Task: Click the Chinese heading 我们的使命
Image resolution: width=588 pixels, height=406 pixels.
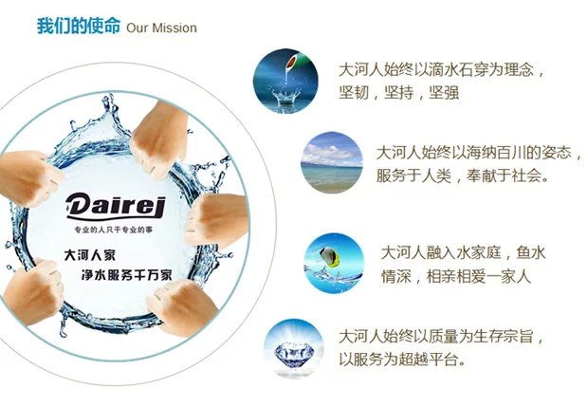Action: coord(79,27)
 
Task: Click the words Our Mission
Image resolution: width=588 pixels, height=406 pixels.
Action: coord(161,28)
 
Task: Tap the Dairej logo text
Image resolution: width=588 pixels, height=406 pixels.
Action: coord(116,206)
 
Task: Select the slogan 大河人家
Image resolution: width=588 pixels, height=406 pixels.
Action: coord(90,255)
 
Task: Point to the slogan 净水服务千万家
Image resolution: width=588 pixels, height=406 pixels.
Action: coord(127,275)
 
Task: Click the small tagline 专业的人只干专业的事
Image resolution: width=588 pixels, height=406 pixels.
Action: coord(114,230)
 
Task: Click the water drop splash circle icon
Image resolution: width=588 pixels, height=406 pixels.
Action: coord(285,81)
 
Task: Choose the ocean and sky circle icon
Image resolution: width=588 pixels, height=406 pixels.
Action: coord(332,162)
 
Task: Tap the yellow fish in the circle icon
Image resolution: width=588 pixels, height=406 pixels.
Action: coord(330,257)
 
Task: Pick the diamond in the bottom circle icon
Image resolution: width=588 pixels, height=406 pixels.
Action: coord(294,353)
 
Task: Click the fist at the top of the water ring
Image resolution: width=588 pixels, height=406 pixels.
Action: coord(159,139)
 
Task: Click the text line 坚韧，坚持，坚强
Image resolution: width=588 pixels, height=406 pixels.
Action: coord(399,93)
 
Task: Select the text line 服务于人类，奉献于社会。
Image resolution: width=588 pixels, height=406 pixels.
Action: coord(463,175)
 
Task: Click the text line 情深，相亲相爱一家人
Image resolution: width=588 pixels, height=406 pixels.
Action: coord(456,277)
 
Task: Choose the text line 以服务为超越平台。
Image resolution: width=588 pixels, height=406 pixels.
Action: coord(403,360)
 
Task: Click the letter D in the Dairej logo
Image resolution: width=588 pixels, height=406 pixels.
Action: coord(79,206)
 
